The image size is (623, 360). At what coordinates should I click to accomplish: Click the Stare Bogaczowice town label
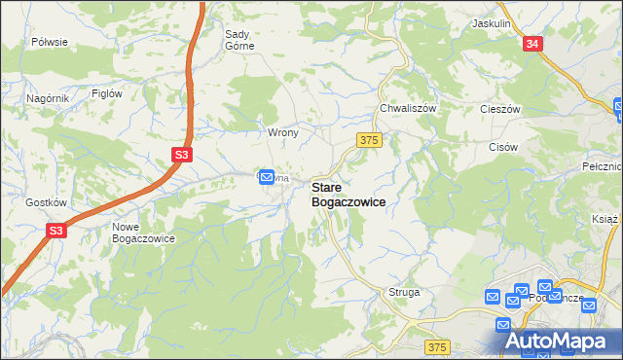[348, 194]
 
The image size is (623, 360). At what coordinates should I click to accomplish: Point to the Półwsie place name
[50, 42]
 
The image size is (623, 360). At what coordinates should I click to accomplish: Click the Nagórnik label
[48, 98]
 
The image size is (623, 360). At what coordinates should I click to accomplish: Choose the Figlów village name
[106, 93]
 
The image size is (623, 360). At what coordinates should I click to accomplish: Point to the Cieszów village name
[502, 109]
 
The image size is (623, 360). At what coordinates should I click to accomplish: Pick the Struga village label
[404, 291]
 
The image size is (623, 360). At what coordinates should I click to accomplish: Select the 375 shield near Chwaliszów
[368, 141]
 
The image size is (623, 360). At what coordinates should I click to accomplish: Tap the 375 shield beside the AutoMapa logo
[438, 346]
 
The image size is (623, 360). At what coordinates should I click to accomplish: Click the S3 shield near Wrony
[182, 154]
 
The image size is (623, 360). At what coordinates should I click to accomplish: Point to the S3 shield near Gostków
[57, 231]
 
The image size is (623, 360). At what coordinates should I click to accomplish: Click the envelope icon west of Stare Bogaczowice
[266, 175]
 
